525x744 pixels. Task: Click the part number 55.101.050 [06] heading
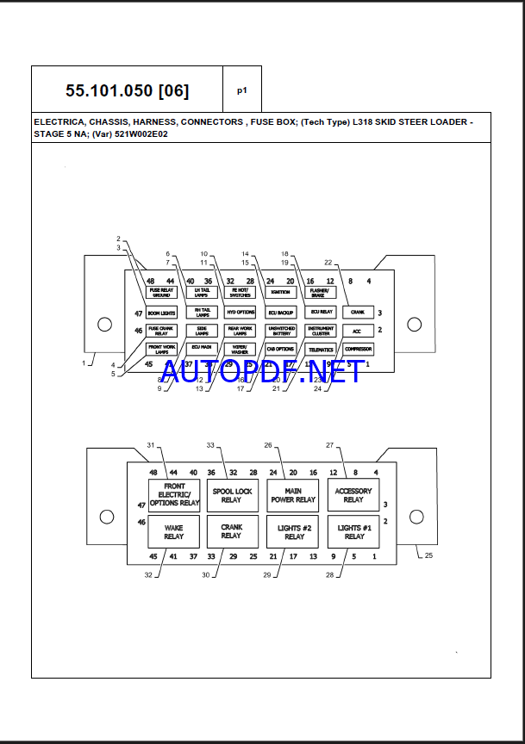pyautogui.click(x=127, y=90)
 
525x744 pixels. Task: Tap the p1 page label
pyautogui.click(x=241, y=90)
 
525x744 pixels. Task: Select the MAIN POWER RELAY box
pyautogui.click(x=293, y=495)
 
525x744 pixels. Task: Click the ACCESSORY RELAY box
pyautogui.click(x=353, y=495)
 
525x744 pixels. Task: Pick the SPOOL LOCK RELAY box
pyautogui.click(x=231, y=495)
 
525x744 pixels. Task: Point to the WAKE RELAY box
pyautogui.click(x=173, y=531)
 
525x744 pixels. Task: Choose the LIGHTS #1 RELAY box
pyautogui.click(x=353, y=531)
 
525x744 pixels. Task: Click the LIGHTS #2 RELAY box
pyautogui.click(x=293, y=531)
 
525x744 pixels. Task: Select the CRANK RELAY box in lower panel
pyautogui.click(x=231, y=531)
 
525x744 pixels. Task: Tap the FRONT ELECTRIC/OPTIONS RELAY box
pyautogui.click(x=173, y=495)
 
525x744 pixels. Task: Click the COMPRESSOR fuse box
pyautogui.click(x=358, y=349)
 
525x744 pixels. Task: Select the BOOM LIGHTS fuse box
pyautogui.click(x=161, y=313)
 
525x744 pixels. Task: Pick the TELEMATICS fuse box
pyautogui.click(x=321, y=349)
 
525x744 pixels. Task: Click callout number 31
pyautogui.click(x=150, y=445)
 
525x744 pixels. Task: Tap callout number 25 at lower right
pyautogui.click(x=429, y=555)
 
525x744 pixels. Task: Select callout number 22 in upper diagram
pyautogui.click(x=328, y=262)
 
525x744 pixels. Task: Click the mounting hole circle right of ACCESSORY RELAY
pyautogui.click(x=416, y=517)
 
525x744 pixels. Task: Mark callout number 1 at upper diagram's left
pyautogui.click(x=84, y=363)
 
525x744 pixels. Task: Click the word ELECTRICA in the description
pyautogui.click(x=59, y=122)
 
